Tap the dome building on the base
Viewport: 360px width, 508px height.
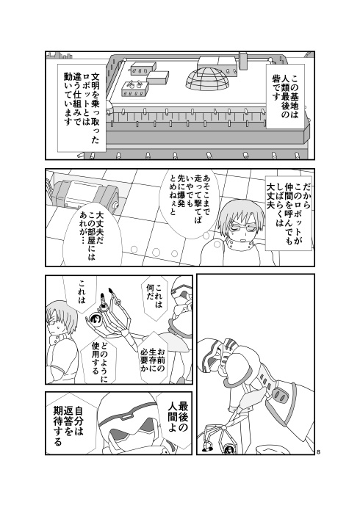209,80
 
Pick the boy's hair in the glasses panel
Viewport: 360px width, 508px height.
240,207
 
